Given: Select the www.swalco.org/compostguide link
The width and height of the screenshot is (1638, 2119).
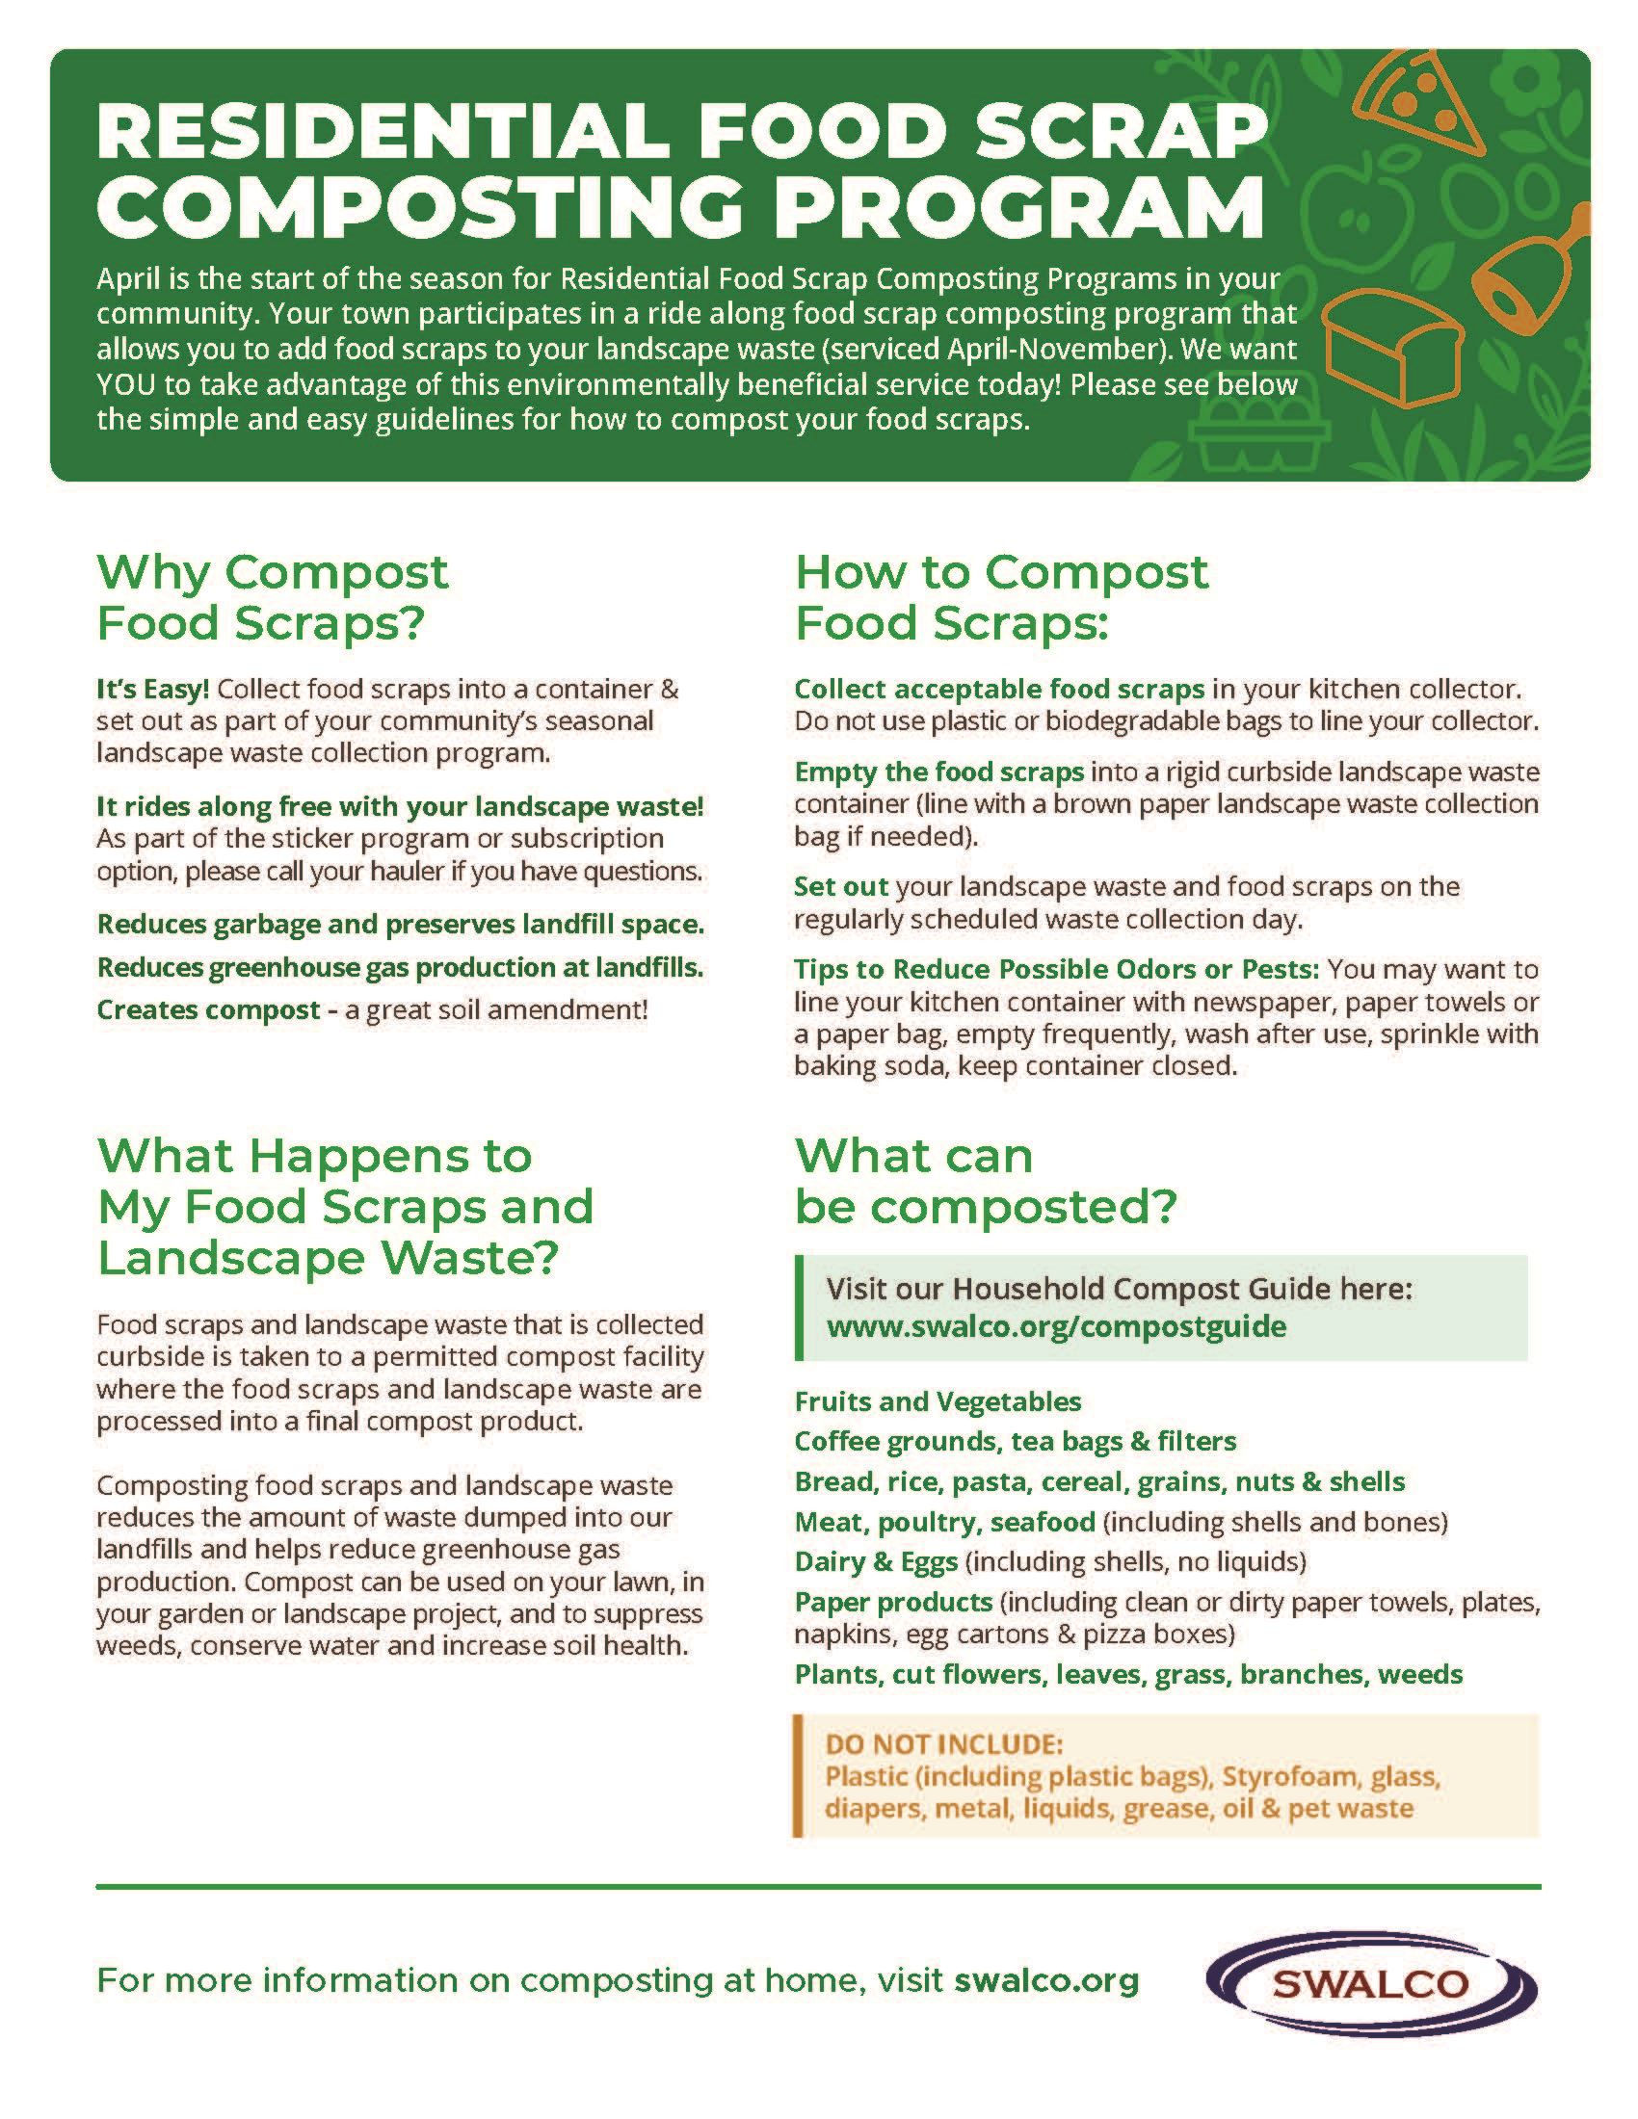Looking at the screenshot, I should [x=1056, y=1326].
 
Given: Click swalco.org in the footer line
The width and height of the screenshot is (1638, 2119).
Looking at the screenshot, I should [x=1046, y=1979].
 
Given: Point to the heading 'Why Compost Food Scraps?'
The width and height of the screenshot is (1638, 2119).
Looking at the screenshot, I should [x=272, y=597].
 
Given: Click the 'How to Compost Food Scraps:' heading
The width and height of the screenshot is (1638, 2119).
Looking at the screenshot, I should [x=1000, y=597].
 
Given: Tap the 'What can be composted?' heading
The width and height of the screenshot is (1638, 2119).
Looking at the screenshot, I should [x=984, y=1181].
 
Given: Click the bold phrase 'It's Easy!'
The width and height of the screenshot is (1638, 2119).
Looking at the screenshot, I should [x=152, y=689].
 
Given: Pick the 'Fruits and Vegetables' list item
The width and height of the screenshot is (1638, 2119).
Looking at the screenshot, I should [x=938, y=1401].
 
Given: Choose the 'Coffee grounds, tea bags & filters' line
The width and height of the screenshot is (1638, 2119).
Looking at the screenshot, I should [x=1015, y=1441].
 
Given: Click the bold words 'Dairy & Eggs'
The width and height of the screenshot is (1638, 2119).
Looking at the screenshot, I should [x=876, y=1561].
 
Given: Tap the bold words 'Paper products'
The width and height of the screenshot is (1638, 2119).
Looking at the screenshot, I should [x=894, y=1601].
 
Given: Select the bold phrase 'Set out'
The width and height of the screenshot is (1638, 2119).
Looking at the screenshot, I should [x=841, y=886].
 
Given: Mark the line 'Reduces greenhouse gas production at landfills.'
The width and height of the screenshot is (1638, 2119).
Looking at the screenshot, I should [x=400, y=966].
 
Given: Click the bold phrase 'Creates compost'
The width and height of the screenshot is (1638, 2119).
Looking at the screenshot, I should [x=209, y=1009].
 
